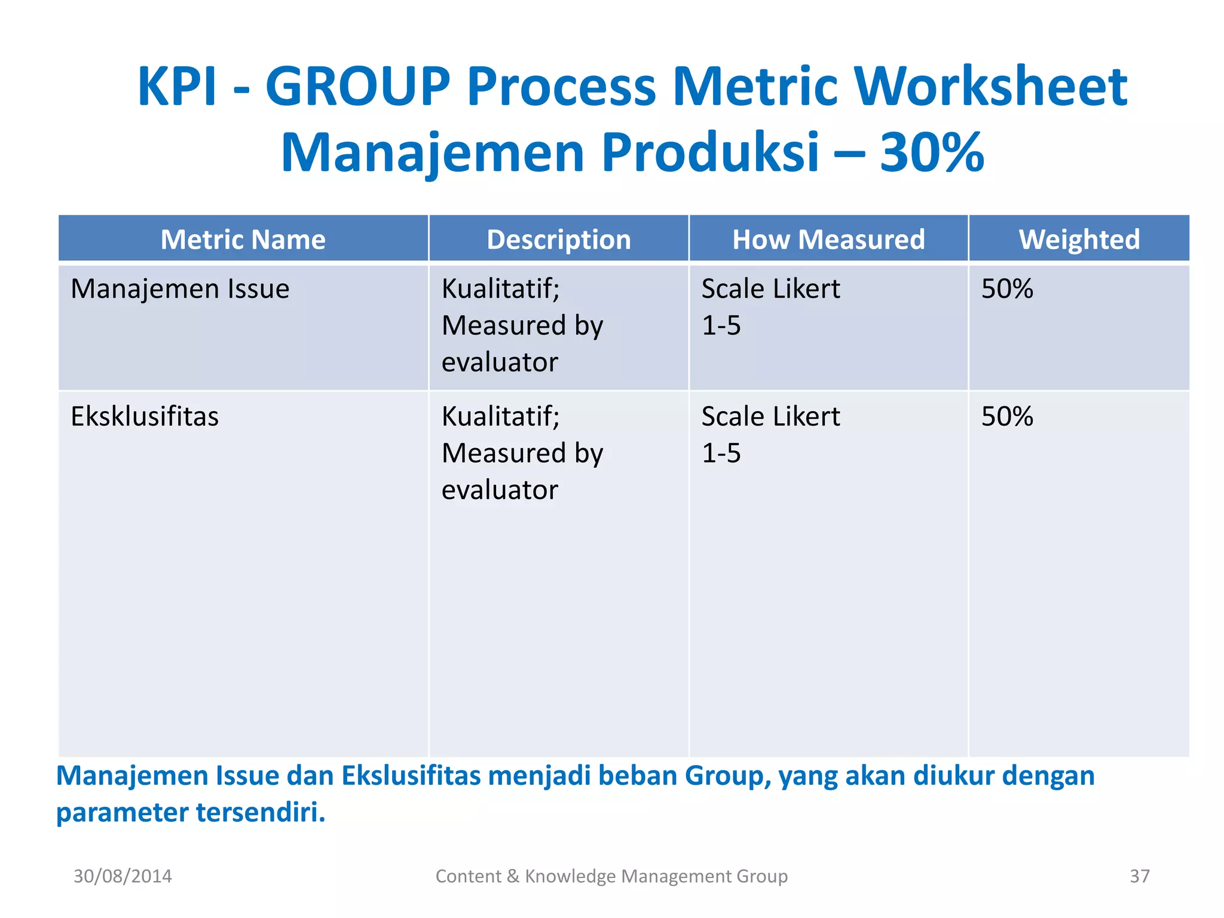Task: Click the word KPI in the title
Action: pos(176,87)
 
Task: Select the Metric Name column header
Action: pos(243,240)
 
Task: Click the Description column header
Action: pos(558,240)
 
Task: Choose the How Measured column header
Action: pos(828,240)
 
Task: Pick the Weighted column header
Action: pos(1079,240)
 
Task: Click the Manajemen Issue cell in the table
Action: pos(180,289)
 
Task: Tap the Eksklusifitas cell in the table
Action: pos(145,417)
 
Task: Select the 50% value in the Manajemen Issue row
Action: pos(1007,289)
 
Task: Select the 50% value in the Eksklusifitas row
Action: pos(1007,417)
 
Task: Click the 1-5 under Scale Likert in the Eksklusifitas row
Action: pos(721,454)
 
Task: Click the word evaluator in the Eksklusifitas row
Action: pos(500,490)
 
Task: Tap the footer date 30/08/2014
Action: pos(123,876)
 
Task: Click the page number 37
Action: pos(1139,876)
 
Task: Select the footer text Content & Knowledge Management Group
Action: pos(611,876)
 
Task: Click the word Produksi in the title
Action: pos(710,153)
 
